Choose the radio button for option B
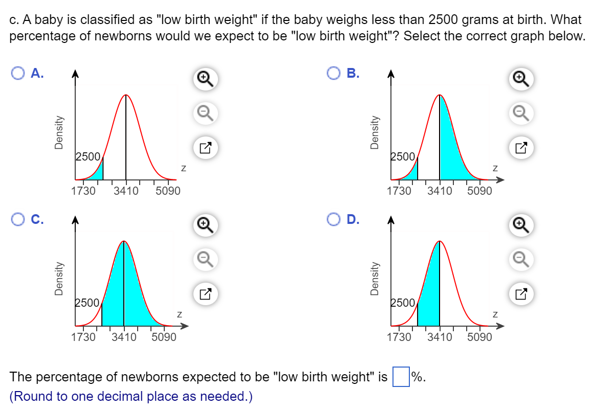334,74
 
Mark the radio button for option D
334,220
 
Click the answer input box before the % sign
401,378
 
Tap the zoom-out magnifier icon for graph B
520,111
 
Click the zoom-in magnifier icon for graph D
520,224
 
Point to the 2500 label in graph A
88,156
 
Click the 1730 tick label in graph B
399,191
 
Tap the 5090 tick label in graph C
164,337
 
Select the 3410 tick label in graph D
440,337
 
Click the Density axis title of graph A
59,132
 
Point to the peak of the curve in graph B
440,96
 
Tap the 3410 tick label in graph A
126,191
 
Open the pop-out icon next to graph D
520,294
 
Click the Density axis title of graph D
375,279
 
